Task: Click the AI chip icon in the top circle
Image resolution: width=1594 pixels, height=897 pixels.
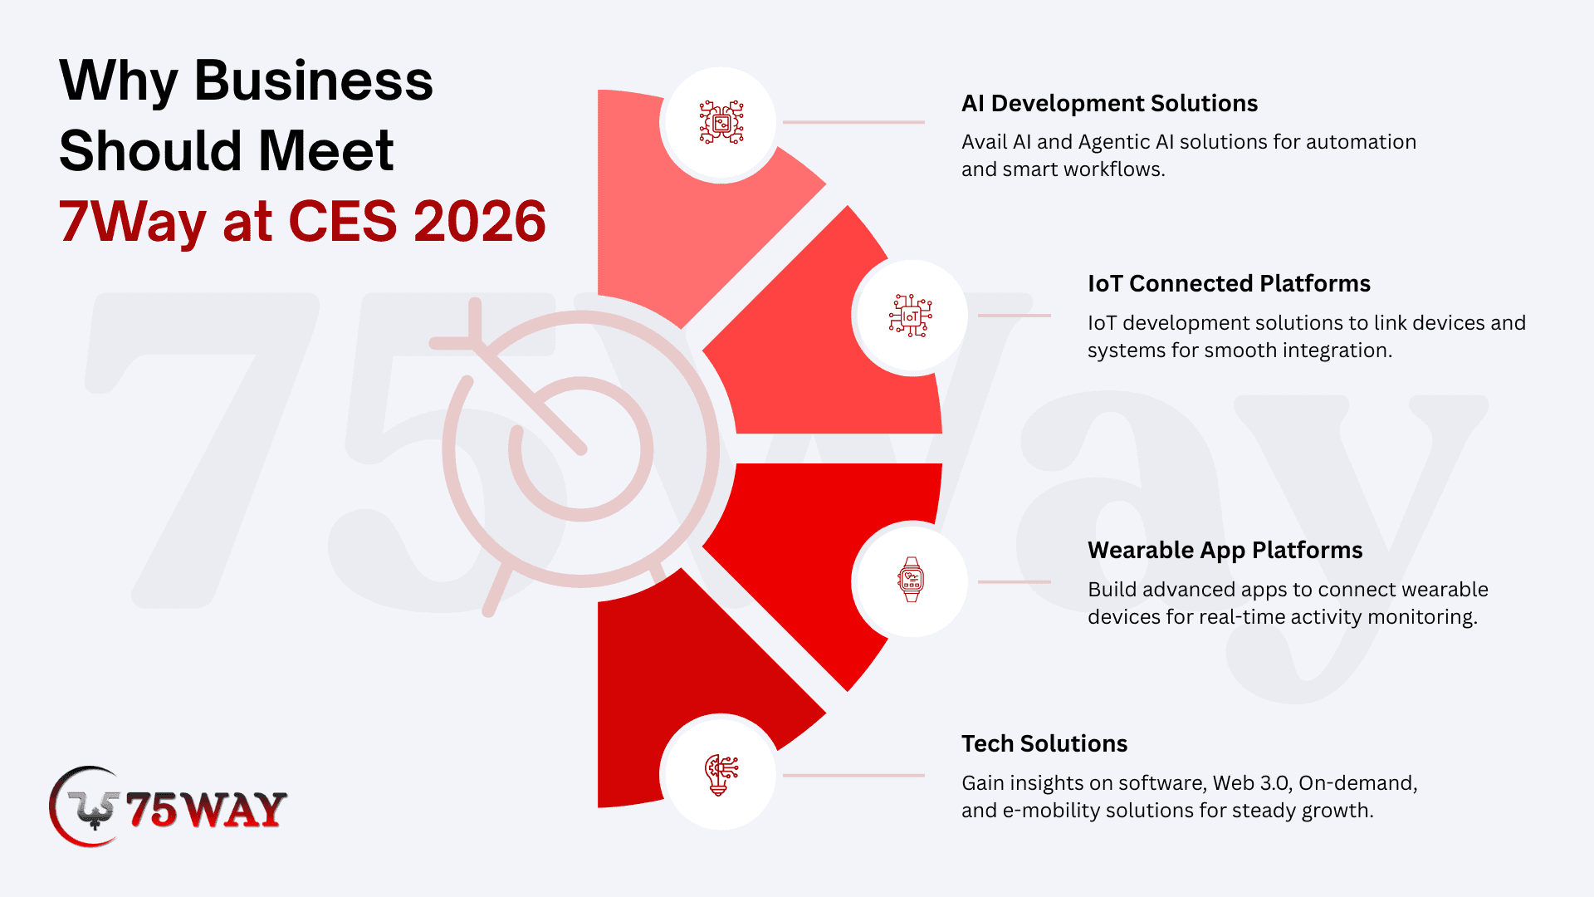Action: (x=721, y=123)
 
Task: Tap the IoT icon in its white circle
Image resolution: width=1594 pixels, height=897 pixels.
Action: (x=911, y=316)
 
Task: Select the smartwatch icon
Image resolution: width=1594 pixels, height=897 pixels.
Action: (x=911, y=580)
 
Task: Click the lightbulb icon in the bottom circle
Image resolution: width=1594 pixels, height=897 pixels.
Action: (x=721, y=774)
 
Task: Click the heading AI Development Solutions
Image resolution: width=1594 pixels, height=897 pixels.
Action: (x=1109, y=103)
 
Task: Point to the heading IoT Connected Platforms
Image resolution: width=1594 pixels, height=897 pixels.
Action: (x=1229, y=283)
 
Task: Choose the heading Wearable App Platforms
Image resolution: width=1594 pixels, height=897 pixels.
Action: (x=1225, y=550)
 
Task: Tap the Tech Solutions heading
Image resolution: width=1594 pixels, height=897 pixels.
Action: (x=1044, y=743)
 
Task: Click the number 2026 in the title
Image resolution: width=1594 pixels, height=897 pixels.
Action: (x=479, y=222)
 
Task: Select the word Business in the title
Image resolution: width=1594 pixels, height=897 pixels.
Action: (x=313, y=81)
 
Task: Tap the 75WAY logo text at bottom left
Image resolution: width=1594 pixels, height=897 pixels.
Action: (x=206, y=810)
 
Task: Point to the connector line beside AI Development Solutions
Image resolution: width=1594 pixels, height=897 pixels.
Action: (x=853, y=122)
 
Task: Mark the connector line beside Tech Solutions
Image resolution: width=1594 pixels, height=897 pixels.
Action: (x=853, y=776)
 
